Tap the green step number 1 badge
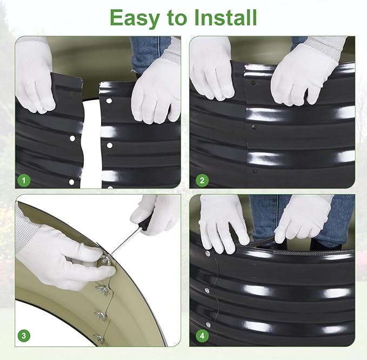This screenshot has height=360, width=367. (x=24, y=181)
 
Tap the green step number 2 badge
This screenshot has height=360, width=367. (x=202, y=181)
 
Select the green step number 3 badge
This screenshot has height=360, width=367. (x=24, y=336)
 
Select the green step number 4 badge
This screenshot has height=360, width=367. (x=202, y=336)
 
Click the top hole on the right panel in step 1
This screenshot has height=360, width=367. (x=109, y=101)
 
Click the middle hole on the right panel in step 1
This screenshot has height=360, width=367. (x=110, y=145)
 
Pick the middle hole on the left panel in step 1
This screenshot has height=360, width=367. (x=72, y=138)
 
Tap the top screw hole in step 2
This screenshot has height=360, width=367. (x=253, y=83)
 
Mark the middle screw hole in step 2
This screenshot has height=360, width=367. (x=253, y=128)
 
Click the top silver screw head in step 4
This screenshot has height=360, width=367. (x=207, y=253)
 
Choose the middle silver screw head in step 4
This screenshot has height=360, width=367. (x=207, y=290)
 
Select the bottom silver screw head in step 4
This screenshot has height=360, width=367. (x=208, y=325)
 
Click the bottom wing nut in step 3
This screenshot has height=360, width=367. (x=98, y=338)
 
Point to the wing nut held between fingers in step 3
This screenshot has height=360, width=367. (x=104, y=261)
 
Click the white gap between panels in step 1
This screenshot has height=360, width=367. (x=91, y=145)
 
